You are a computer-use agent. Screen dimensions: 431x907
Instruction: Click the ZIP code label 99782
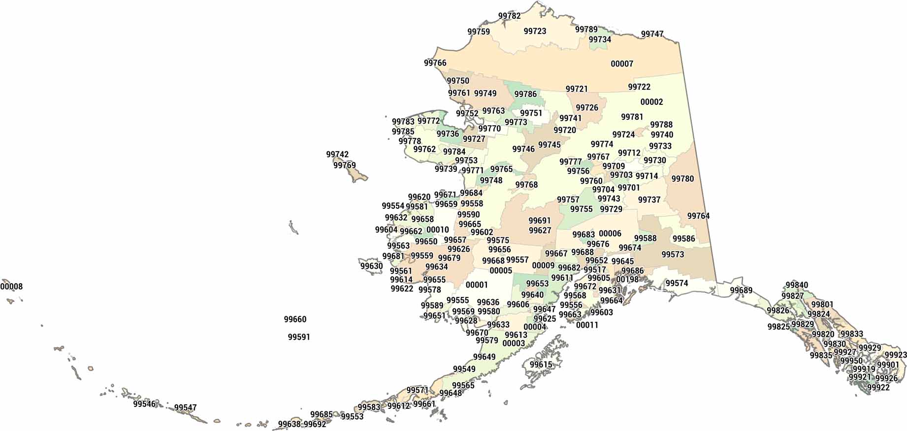pos(509,16)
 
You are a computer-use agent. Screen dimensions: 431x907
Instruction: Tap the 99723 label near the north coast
pos(535,31)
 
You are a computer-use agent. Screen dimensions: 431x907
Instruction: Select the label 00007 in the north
pos(622,64)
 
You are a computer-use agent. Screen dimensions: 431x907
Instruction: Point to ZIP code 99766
pos(435,63)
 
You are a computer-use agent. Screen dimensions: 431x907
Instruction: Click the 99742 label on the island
pos(337,154)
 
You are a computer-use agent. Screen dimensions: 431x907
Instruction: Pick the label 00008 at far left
pos(11,286)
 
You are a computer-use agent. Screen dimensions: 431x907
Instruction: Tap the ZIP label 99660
pos(295,319)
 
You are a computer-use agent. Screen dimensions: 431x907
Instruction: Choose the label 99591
pos(299,337)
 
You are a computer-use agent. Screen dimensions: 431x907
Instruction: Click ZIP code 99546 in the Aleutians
pos(144,404)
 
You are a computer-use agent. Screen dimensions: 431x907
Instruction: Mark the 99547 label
pos(185,407)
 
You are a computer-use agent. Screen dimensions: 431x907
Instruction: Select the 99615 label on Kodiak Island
pos(541,365)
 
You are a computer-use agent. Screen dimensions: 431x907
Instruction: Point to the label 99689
pos(741,290)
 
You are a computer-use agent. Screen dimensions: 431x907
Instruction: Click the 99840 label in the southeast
pos(797,285)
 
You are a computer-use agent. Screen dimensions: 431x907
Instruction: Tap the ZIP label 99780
pos(682,179)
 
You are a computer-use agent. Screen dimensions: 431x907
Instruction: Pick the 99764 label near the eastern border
pos(698,216)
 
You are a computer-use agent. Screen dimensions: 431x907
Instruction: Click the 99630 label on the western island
pos(371,266)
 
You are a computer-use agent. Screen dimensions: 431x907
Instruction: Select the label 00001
pos(477,285)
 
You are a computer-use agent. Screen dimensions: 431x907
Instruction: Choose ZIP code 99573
pos(673,254)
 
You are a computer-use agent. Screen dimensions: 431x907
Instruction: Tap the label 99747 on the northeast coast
pos(652,34)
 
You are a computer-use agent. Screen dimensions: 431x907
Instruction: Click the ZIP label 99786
pos(525,94)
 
